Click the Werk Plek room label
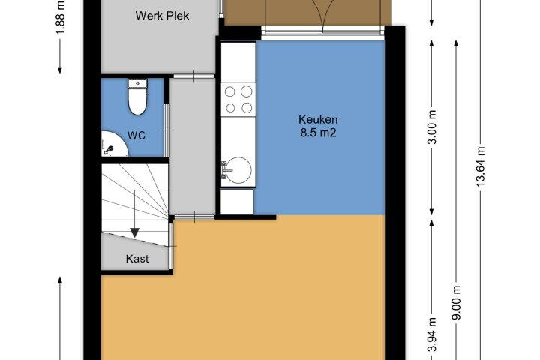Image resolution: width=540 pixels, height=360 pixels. (162, 16)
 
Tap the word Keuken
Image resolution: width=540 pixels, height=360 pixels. (318, 120)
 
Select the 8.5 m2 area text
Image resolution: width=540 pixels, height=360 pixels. (318, 133)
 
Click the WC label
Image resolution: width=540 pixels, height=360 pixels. (136, 136)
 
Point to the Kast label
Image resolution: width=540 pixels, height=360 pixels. (137, 259)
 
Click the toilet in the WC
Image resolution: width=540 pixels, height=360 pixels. (137, 97)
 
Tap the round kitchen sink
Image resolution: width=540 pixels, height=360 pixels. (238, 170)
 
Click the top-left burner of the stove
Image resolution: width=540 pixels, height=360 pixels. (229, 91)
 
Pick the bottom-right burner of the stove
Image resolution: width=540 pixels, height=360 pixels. (247, 108)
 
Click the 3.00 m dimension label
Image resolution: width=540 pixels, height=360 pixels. (433, 127)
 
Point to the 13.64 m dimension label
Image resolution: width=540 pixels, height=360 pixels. (481, 166)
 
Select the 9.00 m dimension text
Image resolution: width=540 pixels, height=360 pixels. (456, 303)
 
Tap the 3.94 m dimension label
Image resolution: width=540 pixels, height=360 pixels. (432, 334)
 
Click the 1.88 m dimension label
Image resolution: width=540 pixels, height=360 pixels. (61, 17)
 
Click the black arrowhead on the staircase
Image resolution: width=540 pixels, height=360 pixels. (134, 233)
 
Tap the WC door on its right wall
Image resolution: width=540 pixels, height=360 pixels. (166, 130)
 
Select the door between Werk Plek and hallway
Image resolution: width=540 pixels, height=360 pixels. (194, 76)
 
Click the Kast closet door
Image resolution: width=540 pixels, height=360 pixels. (171, 246)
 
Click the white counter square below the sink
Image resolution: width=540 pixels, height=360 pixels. (236, 202)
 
